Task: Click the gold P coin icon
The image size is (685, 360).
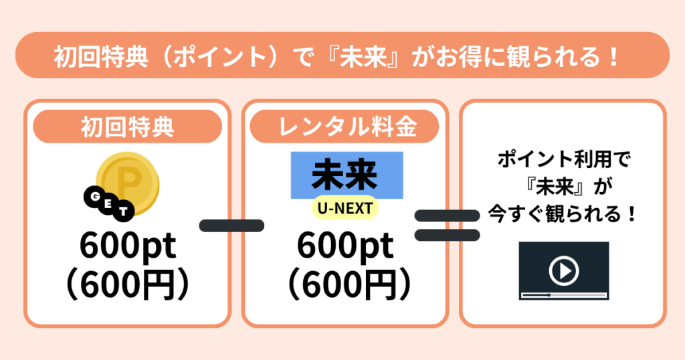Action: (x=128, y=183)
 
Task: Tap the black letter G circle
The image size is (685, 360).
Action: (x=94, y=197)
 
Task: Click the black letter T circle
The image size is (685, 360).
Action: (x=123, y=212)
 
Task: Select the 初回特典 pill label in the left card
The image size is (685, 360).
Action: (x=128, y=126)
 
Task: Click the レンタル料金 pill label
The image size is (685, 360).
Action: (x=345, y=126)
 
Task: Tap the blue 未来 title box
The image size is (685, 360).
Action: (x=347, y=175)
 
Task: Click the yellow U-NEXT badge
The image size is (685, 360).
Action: (x=345, y=208)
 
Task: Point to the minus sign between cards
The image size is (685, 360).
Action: (x=231, y=226)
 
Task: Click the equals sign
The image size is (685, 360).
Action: (x=447, y=226)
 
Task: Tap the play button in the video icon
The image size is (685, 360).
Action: (x=564, y=270)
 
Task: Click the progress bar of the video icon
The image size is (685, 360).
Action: (x=564, y=295)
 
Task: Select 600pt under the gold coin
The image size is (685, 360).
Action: (x=128, y=246)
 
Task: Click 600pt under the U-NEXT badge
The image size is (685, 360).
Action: (x=345, y=246)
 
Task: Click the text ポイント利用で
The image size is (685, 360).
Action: (x=564, y=159)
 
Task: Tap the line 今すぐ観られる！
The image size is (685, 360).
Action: (x=563, y=214)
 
